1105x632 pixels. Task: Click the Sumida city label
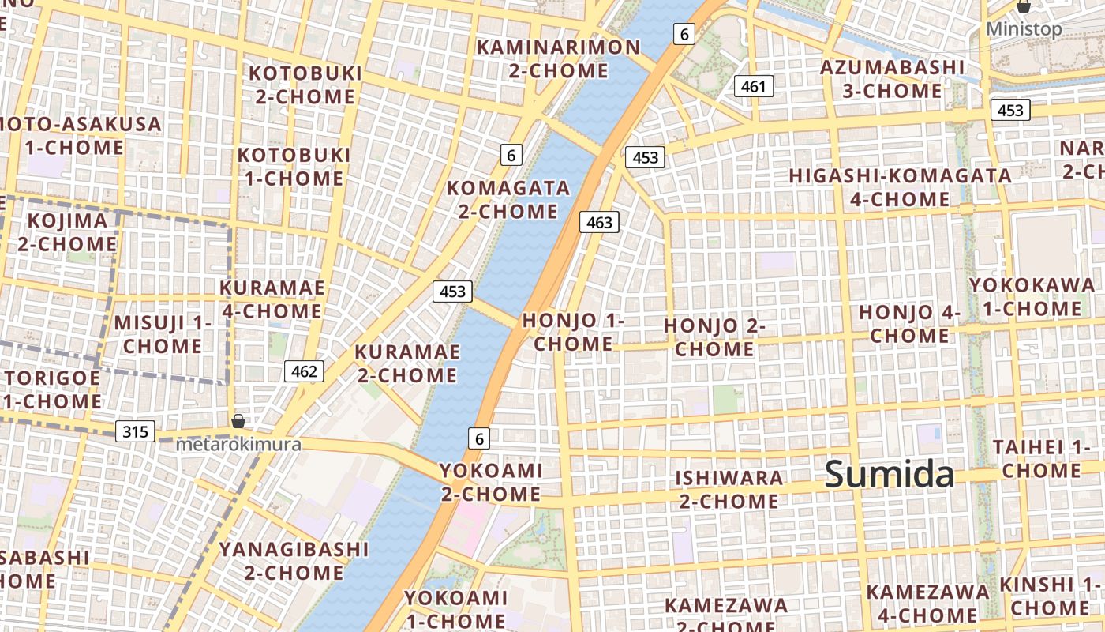click(x=890, y=475)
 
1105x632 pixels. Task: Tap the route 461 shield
click(x=754, y=86)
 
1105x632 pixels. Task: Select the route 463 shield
click(x=600, y=222)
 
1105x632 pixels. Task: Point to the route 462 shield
click(x=304, y=371)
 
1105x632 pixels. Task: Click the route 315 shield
click(x=135, y=431)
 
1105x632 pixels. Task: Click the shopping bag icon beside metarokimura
click(x=238, y=421)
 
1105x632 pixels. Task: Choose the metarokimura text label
click(x=238, y=444)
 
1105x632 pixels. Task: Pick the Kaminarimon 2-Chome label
click(x=558, y=58)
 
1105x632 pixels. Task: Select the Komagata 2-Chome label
click(x=508, y=199)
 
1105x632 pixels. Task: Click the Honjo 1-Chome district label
click(x=573, y=332)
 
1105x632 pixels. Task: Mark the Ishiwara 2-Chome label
click(x=729, y=489)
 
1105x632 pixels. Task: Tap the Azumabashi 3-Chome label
click(x=892, y=78)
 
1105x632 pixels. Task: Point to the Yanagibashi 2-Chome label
click(x=294, y=560)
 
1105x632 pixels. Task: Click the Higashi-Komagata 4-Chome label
click(x=900, y=187)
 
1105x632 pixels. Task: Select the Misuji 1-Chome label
click(x=163, y=334)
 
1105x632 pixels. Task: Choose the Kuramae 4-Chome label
click(x=272, y=299)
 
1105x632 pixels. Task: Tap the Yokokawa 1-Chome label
click(x=1032, y=296)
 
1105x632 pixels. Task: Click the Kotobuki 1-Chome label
click(x=294, y=166)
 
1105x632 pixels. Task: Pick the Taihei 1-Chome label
click(x=1041, y=458)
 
